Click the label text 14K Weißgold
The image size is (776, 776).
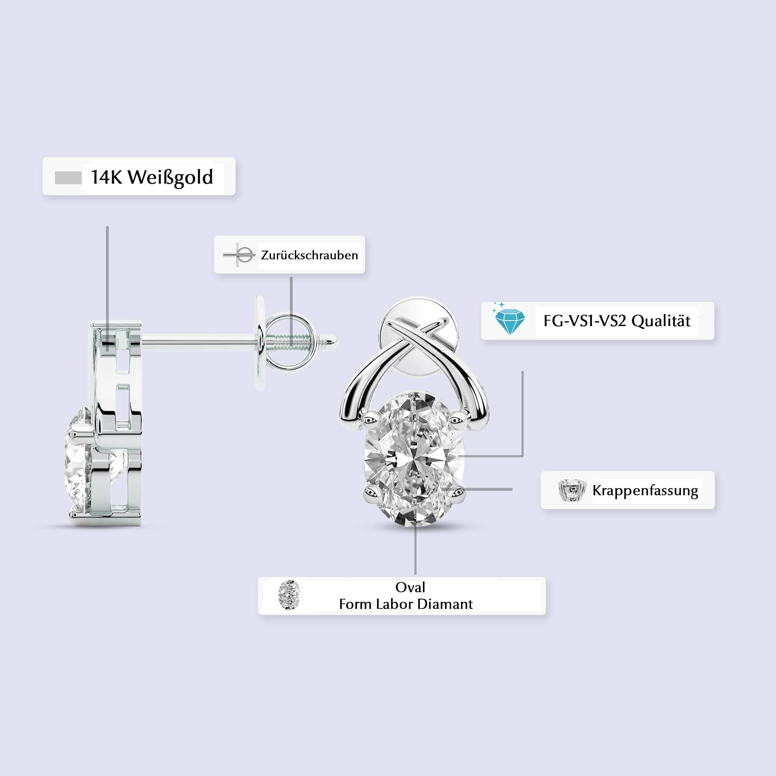[x=152, y=178]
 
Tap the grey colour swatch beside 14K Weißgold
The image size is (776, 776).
[x=68, y=178]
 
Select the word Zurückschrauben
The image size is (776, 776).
[x=309, y=255]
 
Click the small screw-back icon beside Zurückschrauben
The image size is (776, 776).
[x=239, y=255]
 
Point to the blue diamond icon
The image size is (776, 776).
[x=509, y=319]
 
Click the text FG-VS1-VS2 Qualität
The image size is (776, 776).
[x=617, y=321]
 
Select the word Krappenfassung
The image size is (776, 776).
[x=645, y=490]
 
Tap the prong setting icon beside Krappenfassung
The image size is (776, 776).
[x=572, y=490]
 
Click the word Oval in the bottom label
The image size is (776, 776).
[x=410, y=587]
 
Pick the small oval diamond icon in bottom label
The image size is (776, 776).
[x=289, y=595]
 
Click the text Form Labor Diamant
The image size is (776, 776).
[x=406, y=604]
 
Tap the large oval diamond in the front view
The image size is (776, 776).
[x=414, y=459]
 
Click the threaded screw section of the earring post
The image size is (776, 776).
[x=292, y=342]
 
